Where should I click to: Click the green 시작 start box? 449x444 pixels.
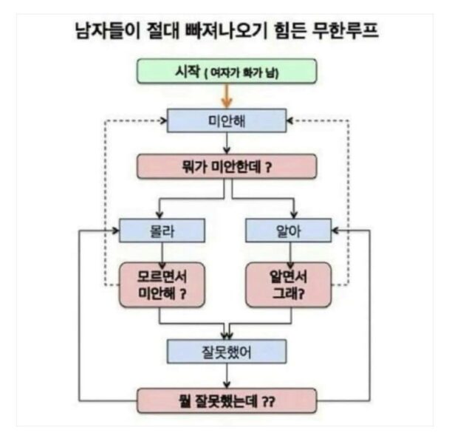[x=227, y=71]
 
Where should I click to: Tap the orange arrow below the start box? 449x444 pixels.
[x=227, y=96]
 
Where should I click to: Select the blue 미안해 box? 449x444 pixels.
[x=227, y=120]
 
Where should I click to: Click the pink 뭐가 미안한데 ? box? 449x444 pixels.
[x=227, y=166]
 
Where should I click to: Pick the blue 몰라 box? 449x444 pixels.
[x=162, y=230]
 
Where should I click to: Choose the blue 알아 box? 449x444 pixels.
[x=289, y=230]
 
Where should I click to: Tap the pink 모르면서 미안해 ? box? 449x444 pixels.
[x=162, y=285]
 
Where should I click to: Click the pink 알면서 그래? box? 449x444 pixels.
[x=289, y=285]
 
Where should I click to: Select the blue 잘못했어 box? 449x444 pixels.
[x=227, y=352]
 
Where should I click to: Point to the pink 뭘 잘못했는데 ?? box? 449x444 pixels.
[x=227, y=400]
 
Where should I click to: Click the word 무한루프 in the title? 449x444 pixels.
[x=345, y=30]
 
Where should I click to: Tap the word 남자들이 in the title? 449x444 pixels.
[x=107, y=30]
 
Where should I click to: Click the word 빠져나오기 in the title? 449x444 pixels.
[x=226, y=30]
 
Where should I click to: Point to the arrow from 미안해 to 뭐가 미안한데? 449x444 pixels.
[x=227, y=143]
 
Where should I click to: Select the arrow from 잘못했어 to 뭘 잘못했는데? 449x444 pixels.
[x=227, y=376]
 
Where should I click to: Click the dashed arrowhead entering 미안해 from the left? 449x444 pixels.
[x=163, y=120]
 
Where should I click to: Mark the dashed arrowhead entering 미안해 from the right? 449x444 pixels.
[x=289, y=120]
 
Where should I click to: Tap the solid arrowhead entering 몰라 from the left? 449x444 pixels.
[x=116, y=230]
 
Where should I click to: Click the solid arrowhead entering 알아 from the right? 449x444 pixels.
[x=335, y=230]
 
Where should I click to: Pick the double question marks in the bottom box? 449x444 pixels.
[x=269, y=402]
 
